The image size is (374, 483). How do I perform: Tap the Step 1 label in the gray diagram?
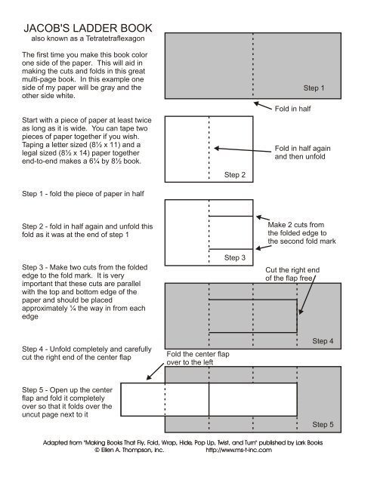tap(314, 88)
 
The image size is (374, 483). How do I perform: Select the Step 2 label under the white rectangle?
tap(235, 175)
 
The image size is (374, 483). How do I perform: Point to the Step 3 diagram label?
tap(235, 258)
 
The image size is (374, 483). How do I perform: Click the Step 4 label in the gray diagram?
tap(323, 341)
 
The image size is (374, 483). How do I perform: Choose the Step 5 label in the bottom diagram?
tap(323, 425)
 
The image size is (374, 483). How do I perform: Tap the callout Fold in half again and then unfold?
tap(301, 154)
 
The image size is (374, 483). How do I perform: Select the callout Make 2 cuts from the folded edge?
tap(296, 233)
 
